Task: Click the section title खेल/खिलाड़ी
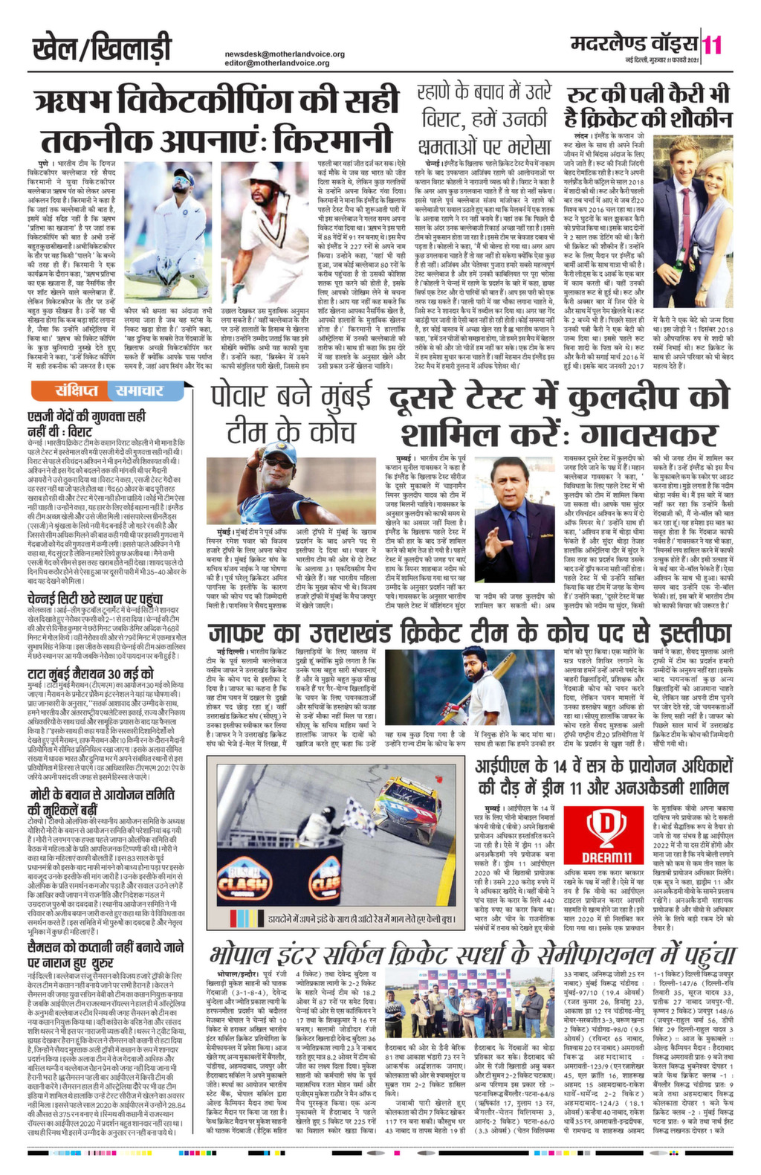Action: coord(102,49)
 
